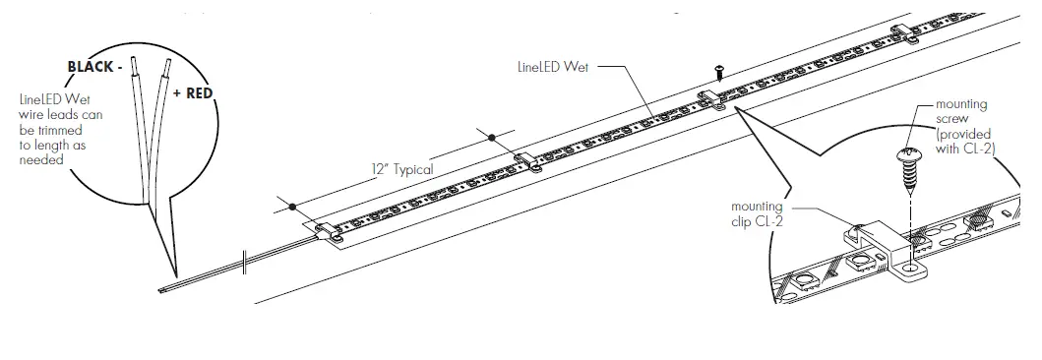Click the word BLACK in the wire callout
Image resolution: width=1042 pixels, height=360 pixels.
[x=89, y=66]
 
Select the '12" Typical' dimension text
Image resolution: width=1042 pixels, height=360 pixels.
[x=401, y=168]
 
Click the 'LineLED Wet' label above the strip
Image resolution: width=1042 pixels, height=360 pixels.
[x=553, y=70]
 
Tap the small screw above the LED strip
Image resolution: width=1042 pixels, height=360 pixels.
[x=720, y=71]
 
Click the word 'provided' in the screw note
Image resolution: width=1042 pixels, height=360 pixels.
[x=963, y=132]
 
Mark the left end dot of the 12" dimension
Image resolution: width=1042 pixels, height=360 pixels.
[x=293, y=206]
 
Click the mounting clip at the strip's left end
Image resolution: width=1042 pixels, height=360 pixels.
[x=329, y=232]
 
